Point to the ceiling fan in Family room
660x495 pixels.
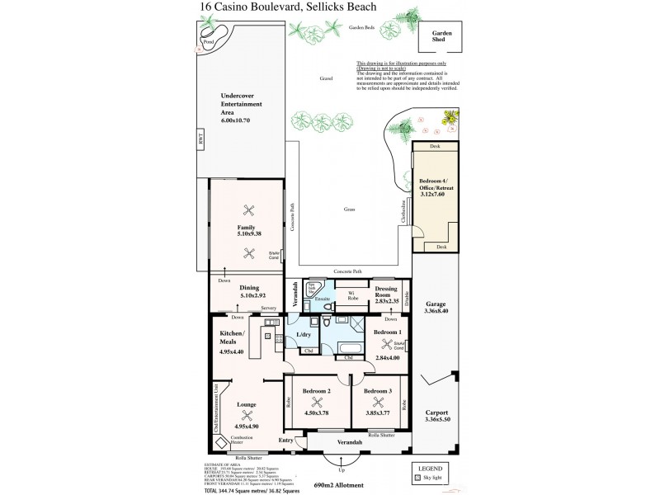tap(246, 210)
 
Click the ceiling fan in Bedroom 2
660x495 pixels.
tap(317, 403)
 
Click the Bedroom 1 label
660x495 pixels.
tap(386, 331)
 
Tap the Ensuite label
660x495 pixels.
tap(323, 298)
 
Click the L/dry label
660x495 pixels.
tap(302, 335)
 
